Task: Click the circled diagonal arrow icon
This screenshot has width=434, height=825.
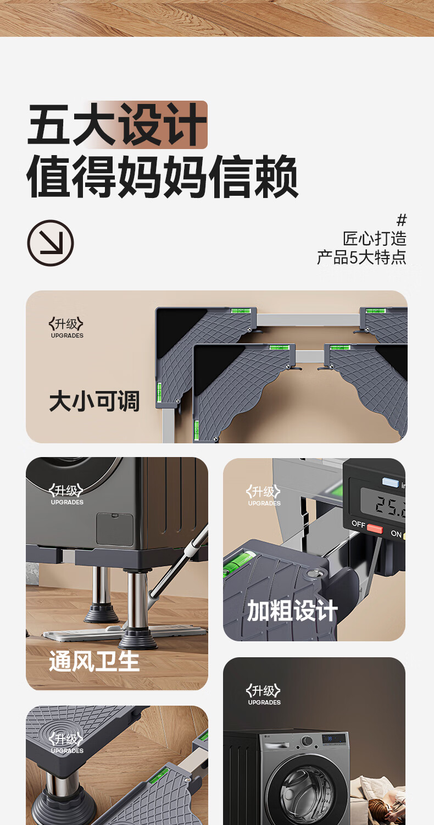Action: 51,243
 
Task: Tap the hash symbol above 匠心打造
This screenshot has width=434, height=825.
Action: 402,220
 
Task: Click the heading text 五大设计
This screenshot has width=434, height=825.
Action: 117,124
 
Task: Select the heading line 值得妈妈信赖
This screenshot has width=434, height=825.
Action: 162,177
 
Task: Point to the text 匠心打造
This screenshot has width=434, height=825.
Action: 375,239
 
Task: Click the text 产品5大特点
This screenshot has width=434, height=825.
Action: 361,257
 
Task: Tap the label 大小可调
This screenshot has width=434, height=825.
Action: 94,401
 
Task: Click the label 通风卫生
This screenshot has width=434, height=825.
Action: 94,661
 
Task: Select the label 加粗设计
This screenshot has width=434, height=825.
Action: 292,610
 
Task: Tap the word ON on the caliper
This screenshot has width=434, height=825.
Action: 396,533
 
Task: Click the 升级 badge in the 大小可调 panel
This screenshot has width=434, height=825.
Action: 66,324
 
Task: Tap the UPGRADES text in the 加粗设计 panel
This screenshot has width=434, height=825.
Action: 264,503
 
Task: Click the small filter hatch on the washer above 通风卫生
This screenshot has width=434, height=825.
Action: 115,529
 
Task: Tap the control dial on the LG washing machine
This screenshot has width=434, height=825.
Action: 307,741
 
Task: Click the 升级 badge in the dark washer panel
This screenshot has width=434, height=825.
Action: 263,691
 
